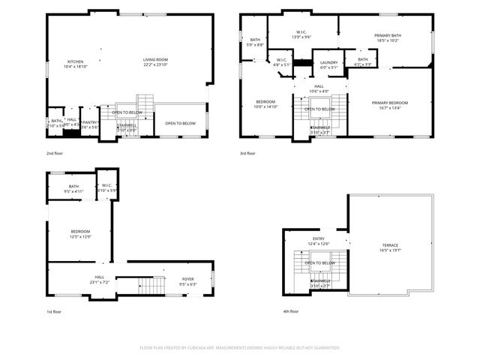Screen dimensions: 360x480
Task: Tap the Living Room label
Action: (156, 62)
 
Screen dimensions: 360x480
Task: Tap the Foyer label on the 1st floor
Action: (187, 281)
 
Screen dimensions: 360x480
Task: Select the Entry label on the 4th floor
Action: (319, 241)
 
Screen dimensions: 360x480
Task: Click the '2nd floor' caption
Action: (54, 152)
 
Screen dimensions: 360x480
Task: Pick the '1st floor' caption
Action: (52, 311)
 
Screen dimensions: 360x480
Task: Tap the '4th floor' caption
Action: (290, 311)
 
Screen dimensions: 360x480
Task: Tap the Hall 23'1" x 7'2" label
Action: (99, 279)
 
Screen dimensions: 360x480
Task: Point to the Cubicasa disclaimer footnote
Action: (240, 348)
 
